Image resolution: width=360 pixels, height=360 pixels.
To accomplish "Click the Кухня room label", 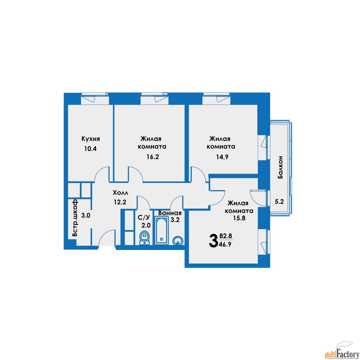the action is point(91,139).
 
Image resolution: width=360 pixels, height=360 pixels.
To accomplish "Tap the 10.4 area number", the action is point(90,149).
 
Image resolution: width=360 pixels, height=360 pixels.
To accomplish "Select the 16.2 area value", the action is point(153,157).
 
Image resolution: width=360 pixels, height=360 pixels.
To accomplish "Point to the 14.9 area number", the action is point(222,157).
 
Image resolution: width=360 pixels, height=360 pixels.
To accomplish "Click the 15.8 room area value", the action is point(239,218).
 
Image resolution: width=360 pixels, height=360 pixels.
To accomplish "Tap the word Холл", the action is point(120,193).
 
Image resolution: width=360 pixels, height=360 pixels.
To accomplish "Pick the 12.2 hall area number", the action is point(120,202).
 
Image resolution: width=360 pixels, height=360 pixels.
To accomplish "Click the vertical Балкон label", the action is point(280,167).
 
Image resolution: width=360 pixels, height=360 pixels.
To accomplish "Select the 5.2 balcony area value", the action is point(279,202).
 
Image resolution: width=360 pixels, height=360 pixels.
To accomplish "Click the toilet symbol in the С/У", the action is point(145,238).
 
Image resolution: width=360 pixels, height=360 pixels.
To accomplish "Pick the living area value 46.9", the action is point(226,244).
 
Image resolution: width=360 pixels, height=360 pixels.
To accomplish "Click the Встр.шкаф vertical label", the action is point(75,218).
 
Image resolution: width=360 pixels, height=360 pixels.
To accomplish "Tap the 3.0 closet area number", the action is point(86,216).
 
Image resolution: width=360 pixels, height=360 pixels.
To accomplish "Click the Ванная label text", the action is point(170,213).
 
